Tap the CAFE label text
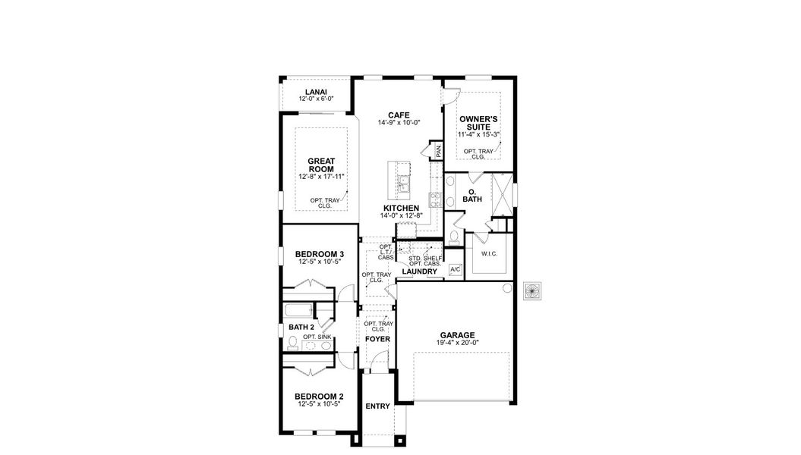(x=399, y=115)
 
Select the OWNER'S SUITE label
(x=478, y=124)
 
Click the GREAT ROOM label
(x=321, y=165)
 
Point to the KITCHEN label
(x=401, y=208)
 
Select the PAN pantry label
(x=438, y=151)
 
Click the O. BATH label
(x=471, y=195)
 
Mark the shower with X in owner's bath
(x=501, y=195)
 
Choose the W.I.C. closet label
(x=488, y=253)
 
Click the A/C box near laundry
(x=456, y=270)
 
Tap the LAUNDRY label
(x=419, y=271)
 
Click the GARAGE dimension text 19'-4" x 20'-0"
(x=458, y=343)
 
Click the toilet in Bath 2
(x=293, y=344)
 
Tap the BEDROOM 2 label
(x=320, y=396)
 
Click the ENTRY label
(x=377, y=406)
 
